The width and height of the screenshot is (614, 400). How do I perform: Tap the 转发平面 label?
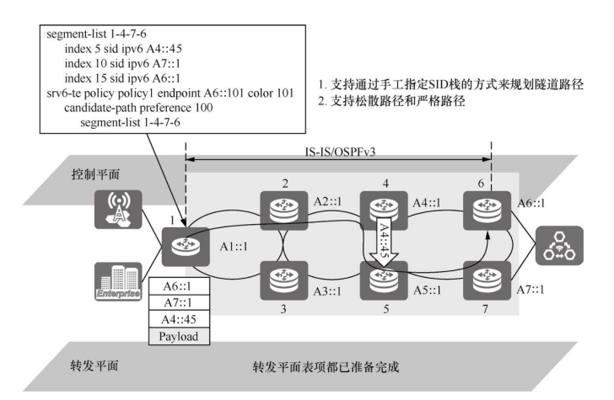click(x=92, y=367)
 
